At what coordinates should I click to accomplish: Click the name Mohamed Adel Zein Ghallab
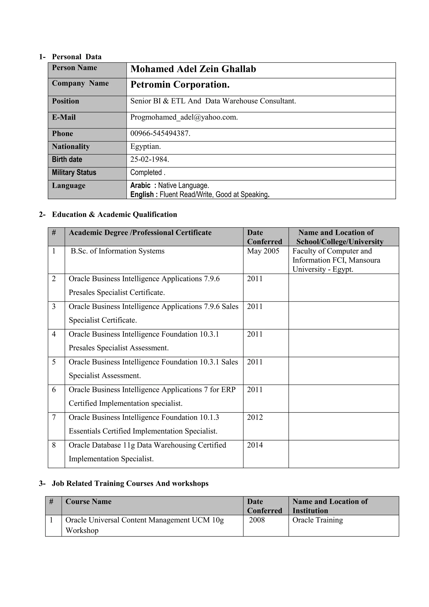click(x=193, y=69)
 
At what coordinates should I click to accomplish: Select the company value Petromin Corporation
click(x=180, y=85)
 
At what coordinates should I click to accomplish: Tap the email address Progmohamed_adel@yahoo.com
click(x=184, y=117)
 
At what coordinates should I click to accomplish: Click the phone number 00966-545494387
click(x=160, y=134)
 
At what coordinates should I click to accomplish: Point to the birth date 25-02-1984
click(x=150, y=160)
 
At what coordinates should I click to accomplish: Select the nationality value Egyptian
click(x=145, y=147)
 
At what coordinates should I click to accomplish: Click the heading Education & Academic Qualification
click(x=114, y=214)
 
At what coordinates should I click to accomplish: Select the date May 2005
click(x=263, y=251)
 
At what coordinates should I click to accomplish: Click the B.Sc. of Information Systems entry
click(x=118, y=251)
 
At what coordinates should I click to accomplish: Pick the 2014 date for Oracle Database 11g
click(x=255, y=445)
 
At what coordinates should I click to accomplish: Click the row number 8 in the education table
click(x=54, y=445)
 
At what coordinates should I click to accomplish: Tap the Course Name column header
click(x=88, y=502)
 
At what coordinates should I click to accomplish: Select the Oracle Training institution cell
click(x=318, y=520)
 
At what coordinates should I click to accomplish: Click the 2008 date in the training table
click(x=257, y=520)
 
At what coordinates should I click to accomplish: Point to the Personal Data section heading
click(x=77, y=57)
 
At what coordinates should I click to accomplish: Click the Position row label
click(x=66, y=101)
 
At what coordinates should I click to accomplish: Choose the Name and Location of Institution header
click(x=330, y=506)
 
